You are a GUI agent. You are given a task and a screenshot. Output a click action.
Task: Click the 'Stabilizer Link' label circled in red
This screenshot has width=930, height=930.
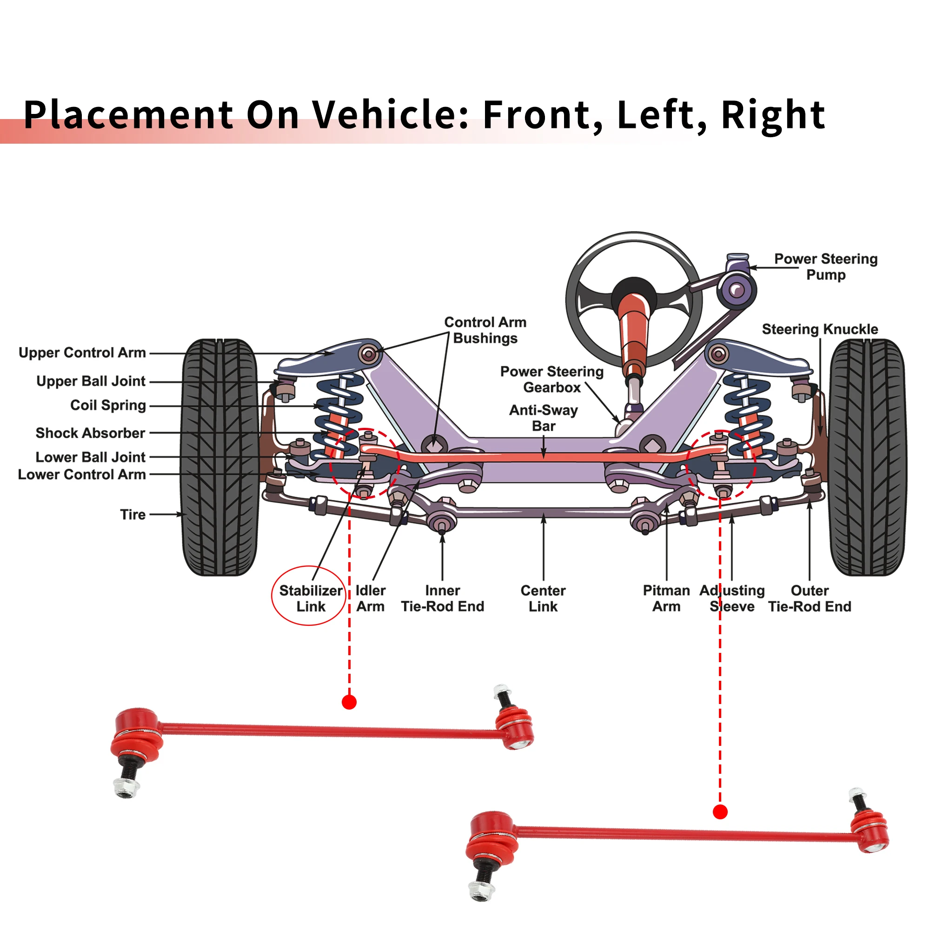[311, 598]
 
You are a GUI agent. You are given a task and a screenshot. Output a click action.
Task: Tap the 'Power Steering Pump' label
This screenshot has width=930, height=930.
[826, 266]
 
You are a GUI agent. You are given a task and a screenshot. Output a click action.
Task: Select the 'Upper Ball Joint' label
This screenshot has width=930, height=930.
[91, 381]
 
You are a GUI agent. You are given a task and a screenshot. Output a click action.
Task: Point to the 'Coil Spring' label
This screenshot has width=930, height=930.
[108, 405]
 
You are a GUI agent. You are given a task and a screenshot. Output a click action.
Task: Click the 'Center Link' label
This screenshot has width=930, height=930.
[543, 598]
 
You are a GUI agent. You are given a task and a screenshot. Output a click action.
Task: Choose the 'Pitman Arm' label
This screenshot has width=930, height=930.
[666, 598]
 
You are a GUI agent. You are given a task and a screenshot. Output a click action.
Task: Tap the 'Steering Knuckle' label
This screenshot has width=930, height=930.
[820, 329]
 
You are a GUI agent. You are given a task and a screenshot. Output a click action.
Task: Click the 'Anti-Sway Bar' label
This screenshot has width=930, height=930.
[544, 418]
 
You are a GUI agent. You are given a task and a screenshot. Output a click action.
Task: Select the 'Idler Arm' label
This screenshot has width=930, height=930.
[371, 598]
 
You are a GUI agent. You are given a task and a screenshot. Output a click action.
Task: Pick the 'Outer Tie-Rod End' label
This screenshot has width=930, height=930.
[810, 598]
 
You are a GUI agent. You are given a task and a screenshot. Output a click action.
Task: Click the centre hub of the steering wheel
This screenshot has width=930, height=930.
[634, 291]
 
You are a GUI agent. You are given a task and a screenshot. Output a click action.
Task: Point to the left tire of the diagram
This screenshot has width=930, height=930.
[219, 457]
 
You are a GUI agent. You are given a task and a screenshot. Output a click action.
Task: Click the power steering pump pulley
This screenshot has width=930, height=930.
[737, 290]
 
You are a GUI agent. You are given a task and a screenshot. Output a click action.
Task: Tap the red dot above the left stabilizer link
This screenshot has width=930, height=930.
[349, 702]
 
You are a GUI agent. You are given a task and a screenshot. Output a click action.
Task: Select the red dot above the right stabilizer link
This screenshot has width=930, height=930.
[720, 812]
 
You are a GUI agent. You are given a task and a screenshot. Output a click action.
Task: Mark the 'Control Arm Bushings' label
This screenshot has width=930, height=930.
[485, 330]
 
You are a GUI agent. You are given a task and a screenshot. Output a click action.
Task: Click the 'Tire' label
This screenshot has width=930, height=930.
[133, 515]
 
